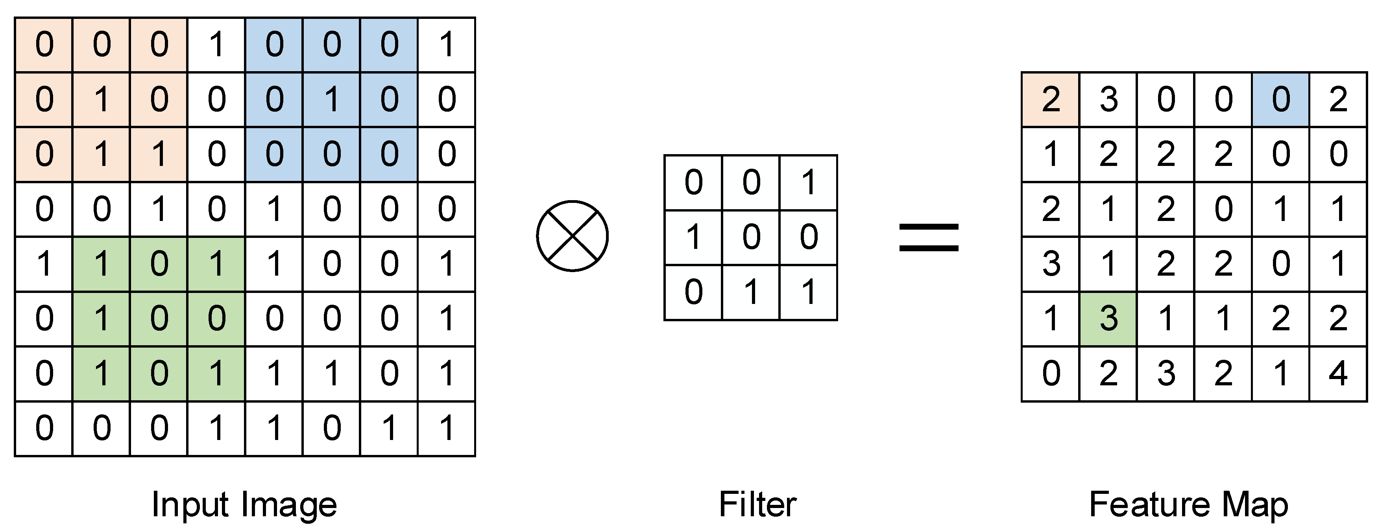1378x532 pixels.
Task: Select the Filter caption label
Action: (x=757, y=504)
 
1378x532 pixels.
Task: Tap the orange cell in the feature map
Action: (x=1051, y=99)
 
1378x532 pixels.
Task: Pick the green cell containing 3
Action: (x=1108, y=318)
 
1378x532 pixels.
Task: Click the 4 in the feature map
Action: (x=1337, y=373)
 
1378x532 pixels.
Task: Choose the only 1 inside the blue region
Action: (x=332, y=99)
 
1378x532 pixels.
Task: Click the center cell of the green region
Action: (x=159, y=318)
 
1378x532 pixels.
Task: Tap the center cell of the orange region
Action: (x=102, y=99)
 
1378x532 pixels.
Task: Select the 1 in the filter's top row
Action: (x=808, y=182)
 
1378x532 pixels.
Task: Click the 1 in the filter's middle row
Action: (x=693, y=237)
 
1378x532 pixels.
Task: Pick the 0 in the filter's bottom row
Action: (x=693, y=292)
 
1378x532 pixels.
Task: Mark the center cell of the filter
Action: (x=751, y=237)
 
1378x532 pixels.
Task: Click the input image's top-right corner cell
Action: (x=446, y=44)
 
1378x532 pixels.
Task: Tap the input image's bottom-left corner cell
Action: (x=44, y=428)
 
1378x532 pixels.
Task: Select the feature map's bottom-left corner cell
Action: (x=1051, y=373)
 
